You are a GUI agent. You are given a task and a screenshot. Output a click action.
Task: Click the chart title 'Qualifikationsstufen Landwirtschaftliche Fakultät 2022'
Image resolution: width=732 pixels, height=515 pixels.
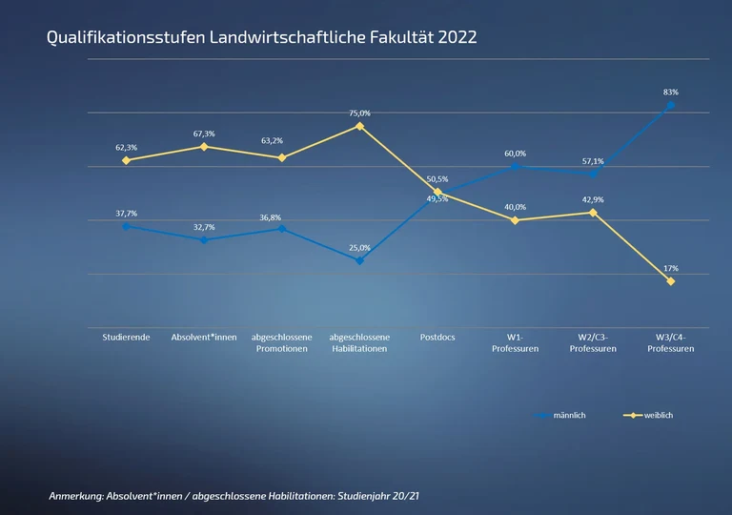pyautogui.click(x=262, y=38)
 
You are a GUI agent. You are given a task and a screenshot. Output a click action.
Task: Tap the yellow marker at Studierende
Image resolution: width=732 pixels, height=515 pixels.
pyautogui.click(x=126, y=160)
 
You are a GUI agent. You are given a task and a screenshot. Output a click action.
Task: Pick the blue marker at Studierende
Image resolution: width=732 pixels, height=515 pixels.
pyautogui.click(x=126, y=226)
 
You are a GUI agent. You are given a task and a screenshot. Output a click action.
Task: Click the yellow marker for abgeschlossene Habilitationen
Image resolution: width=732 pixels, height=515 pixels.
pyautogui.click(x=359, y=126)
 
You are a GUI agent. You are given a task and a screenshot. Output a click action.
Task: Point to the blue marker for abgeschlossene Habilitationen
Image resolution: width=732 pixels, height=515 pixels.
pyautogui.click(x=359, y=260)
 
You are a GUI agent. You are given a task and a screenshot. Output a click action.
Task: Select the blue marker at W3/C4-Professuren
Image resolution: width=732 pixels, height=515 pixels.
pyautogui.click(x=670, y=105)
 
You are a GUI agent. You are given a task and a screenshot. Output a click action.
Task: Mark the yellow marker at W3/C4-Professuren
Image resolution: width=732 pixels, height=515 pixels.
pyautogui.click(x=670, y=281)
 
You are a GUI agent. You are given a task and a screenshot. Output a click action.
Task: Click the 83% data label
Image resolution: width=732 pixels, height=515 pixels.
pyautogui.click(x=670, y=92)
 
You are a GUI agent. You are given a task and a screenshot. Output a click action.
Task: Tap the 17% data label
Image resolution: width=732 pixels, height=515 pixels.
pyautogui.click(x=670, y=268)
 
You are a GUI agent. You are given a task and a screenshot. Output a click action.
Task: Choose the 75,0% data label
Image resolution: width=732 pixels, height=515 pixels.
pyautogui.click(x=359, y=113)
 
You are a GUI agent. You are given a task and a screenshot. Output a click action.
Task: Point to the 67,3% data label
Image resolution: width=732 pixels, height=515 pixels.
pyautogui.click(x=204, y=134)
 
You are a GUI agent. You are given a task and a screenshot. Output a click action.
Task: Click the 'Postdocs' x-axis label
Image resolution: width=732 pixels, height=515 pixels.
pyautogui.click(x=437, y=338)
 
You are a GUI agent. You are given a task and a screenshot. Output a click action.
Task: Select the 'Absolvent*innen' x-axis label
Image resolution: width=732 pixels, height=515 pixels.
pyautogui.click(x=204, y=338)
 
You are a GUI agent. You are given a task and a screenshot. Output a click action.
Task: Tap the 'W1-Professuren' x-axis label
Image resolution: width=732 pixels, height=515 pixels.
pyautogui.click(x=515, y=343)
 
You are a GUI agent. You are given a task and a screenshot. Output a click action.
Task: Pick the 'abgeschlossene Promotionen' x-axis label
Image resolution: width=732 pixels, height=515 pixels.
pyautogui.click(x=281, y=343)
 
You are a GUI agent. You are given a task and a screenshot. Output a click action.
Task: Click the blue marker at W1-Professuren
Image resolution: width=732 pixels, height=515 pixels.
pyautogui.click(x=515, y=166)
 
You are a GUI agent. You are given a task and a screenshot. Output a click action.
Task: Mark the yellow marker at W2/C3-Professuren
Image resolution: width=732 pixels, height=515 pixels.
pyautogui.click(x=593, y=213)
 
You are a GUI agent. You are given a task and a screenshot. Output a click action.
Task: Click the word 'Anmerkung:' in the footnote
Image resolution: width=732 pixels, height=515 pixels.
pyautogui.click(x=76, y=497)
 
